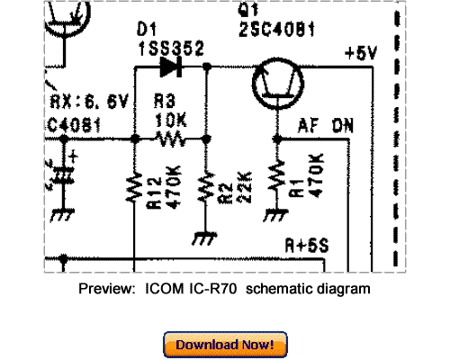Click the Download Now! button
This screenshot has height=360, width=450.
pyautogui.click(x=225, y=344)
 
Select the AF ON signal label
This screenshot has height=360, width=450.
pyautogui.click(x=325, y=128)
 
